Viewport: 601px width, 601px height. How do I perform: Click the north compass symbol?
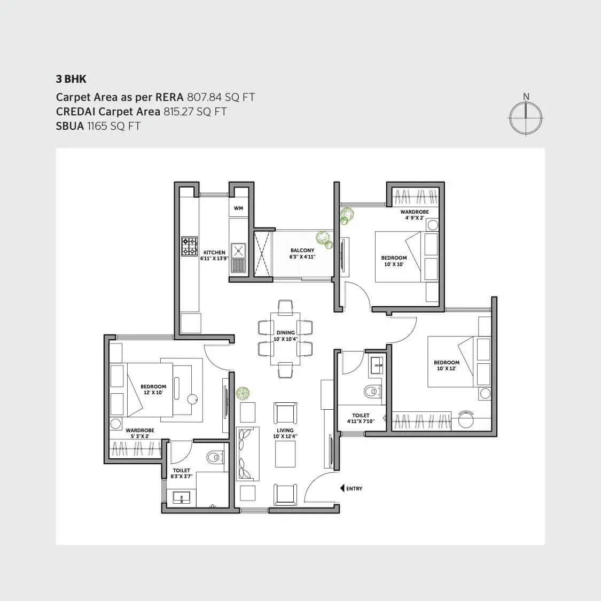pos(526,118)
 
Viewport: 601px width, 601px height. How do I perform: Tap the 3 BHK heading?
pos(71,79)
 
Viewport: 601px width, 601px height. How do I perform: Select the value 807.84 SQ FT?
pos(221,97)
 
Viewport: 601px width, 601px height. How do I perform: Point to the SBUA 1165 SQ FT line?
pos(98,126)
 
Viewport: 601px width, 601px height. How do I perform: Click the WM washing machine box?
pos(238,208)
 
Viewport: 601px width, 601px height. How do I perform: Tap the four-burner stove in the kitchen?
pos(189,247)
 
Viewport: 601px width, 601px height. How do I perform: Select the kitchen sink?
pos(238,251)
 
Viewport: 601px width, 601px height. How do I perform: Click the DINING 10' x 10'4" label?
pos(285,336)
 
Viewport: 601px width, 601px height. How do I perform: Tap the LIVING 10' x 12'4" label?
pos(285,433)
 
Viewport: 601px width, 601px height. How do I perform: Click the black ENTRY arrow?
pos(342,488)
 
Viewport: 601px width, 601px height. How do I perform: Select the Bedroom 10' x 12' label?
pos(447,365)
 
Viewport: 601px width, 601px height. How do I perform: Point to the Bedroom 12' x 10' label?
pos(153,389)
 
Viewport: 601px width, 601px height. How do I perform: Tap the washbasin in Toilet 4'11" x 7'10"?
pos(378,367)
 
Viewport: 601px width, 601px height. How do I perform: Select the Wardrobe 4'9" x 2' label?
pos(415,215)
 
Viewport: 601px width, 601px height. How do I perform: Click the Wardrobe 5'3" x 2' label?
pos(140,433)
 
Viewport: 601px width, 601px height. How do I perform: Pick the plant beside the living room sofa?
pos(243,394)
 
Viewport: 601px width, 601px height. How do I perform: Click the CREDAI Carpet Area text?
pos(108,112)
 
